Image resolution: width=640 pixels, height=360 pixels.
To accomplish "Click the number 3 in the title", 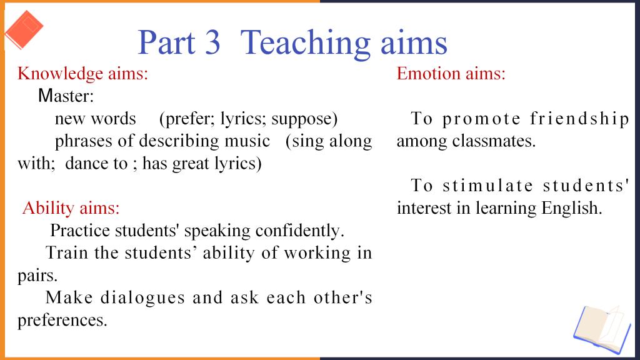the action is click(212, 42).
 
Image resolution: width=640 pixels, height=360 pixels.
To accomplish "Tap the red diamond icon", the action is click(24, 30).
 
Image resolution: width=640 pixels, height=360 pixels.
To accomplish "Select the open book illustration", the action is click(602, 329).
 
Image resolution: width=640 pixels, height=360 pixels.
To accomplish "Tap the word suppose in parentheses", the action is click(302, 119).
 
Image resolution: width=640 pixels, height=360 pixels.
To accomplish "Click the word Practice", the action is click(80, 231).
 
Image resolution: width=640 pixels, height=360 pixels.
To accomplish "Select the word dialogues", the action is click(143, 298).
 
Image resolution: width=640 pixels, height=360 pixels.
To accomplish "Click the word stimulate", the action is click(488, 186).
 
